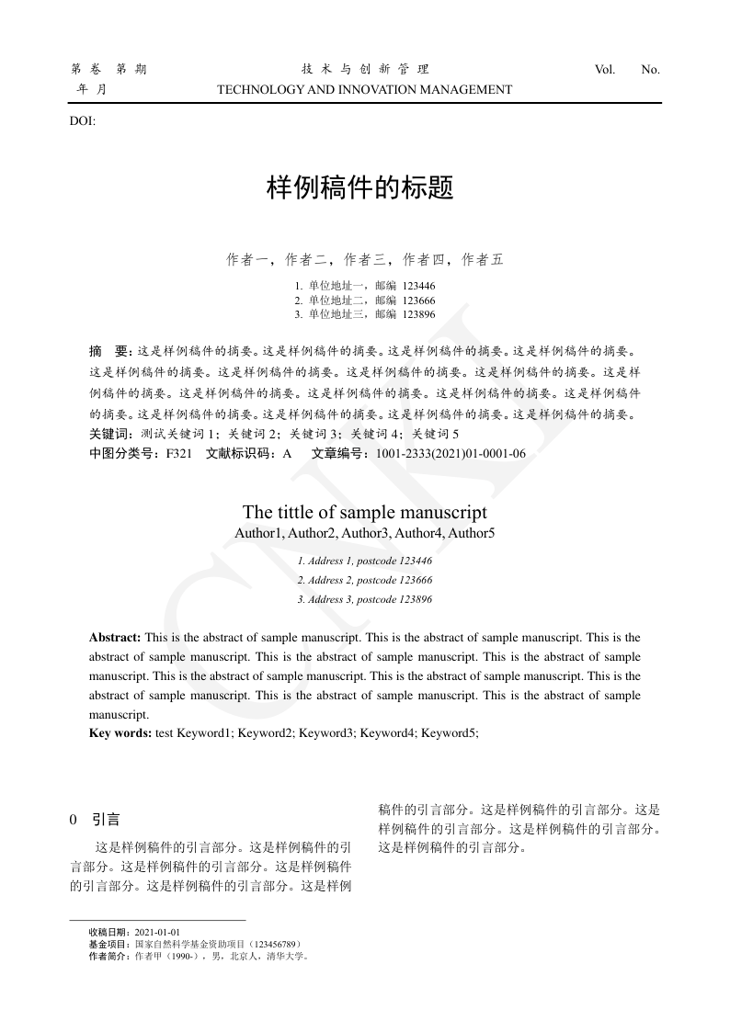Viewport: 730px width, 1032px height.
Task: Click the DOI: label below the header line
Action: [x=83, y=120]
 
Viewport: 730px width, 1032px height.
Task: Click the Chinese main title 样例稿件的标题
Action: [x=359, y=188]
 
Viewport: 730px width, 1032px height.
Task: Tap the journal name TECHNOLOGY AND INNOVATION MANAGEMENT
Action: [x=364, y=90]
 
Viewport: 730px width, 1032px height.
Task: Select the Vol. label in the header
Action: [x=605, y=69]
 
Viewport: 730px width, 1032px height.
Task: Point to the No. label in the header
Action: [x=650, y=69]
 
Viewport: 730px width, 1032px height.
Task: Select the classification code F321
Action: [x=178, y=453]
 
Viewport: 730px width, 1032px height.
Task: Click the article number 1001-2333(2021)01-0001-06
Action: [x=451, y=453]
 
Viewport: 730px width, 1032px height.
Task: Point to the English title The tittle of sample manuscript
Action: [x=365, y=512]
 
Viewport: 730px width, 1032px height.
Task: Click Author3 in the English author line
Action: [x=364, y=533]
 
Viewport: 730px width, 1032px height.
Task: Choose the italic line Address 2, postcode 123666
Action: [x=365, y=580]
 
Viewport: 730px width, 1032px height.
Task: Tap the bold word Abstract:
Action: [x=115, y=637]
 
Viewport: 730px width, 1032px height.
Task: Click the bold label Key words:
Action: [x=120, y=733]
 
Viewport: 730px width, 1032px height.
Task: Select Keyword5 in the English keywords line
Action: [x=450, y=733]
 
